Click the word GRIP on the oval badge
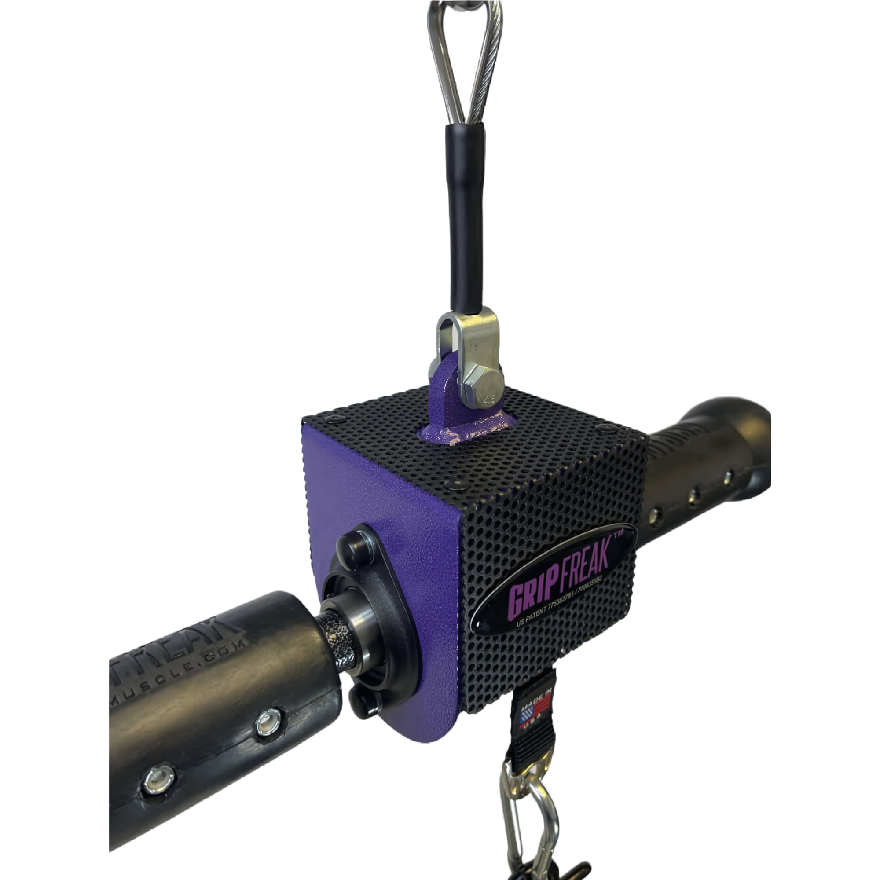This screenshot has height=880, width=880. pyautogui.click(x=529, y=595)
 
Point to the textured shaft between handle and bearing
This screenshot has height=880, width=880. pyautogui.click(x=337, y=642)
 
